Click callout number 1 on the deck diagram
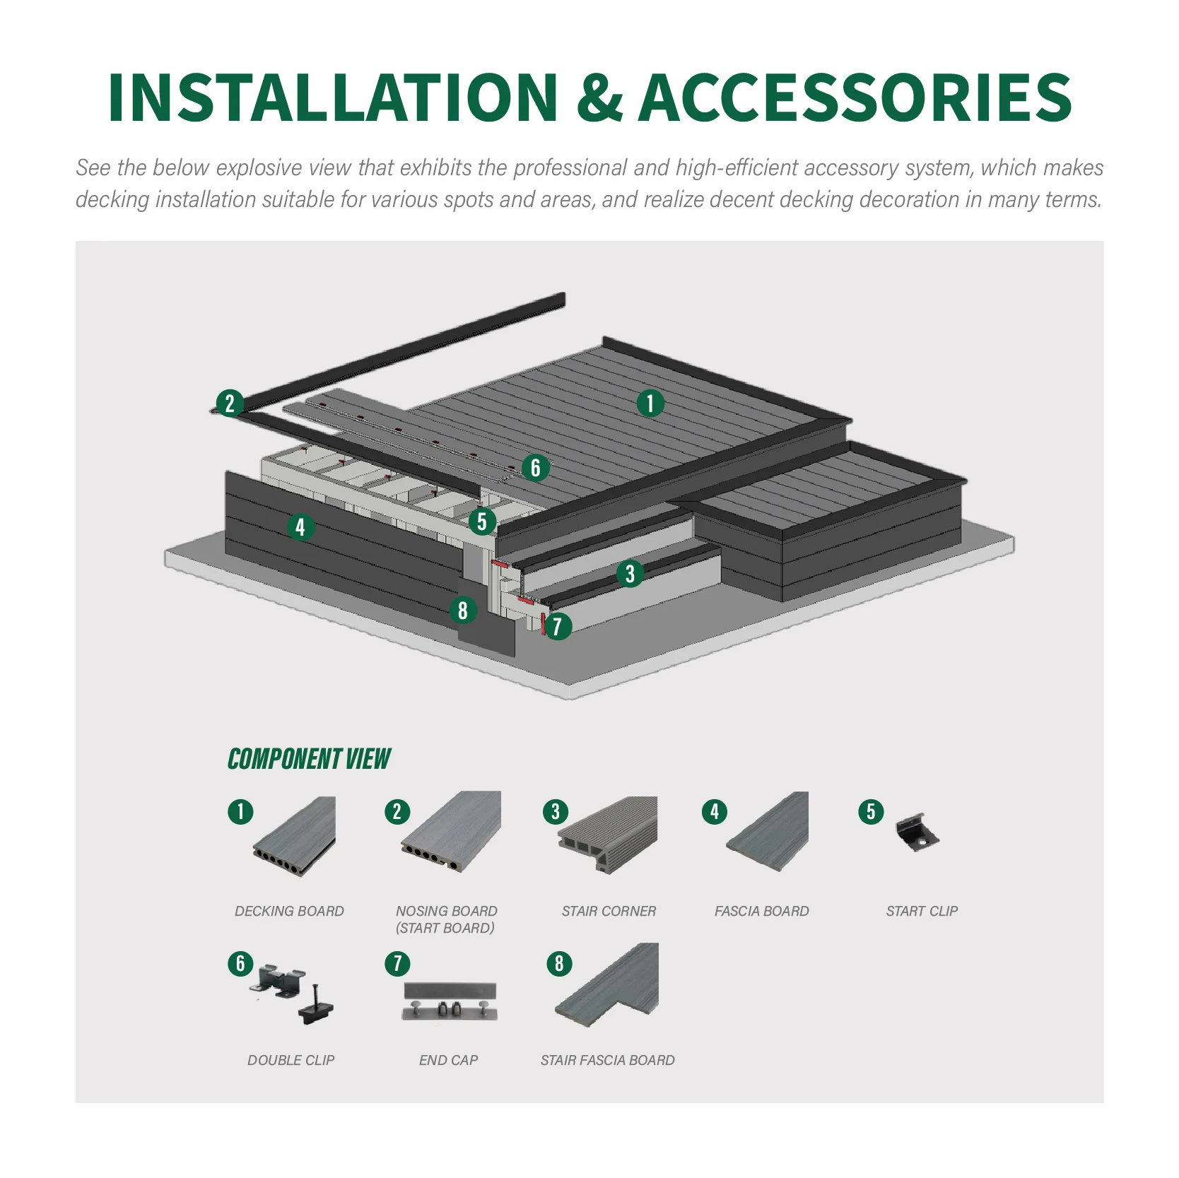650,404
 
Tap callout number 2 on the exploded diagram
230,404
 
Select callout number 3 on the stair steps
630,573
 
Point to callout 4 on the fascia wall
300,526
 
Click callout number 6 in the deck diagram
535,467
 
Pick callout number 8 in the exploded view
463,610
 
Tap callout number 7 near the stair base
558,626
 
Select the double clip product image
293,993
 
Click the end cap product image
450,1001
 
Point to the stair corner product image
609,834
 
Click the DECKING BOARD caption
289,911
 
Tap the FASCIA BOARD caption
761,911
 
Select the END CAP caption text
448,1060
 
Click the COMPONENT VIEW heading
309,759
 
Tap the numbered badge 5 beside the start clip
871,811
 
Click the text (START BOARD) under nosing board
445,928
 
